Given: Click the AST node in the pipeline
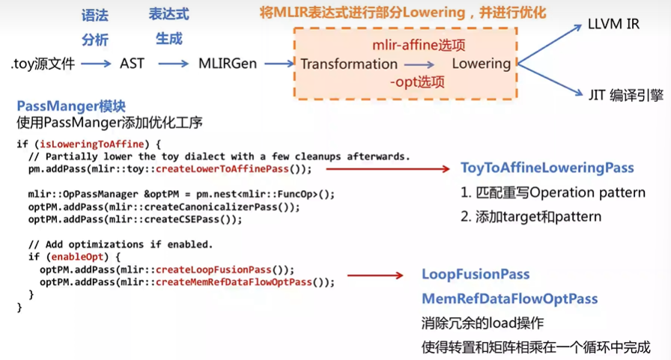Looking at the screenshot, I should pos(132,64).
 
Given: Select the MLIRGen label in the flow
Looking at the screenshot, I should pos(227,64).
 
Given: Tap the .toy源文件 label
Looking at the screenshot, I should pos(43,64).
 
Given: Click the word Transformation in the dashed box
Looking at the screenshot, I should pos(349,64).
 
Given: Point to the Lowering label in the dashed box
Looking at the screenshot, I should pos(481,64).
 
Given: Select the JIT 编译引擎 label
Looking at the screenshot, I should pos(625,95).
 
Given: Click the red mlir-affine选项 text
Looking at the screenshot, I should pos(419,45).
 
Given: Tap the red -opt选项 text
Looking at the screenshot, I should pos(417,82).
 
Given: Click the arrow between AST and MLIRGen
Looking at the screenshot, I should pos(173,64).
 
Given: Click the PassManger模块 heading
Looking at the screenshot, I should pos(70,106).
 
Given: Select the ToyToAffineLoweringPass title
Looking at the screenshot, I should pos(547,168).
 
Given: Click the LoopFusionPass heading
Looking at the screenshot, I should pos(476,275).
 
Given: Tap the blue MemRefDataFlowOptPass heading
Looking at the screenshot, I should pos(509,299).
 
